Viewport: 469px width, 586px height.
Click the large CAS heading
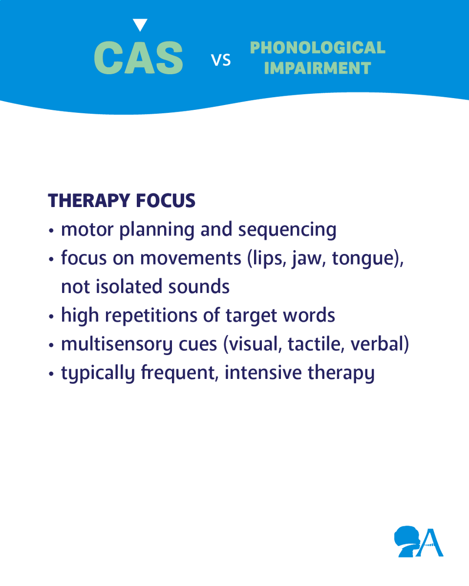tap(138, 58)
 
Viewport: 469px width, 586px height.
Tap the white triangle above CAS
tap(140, 24)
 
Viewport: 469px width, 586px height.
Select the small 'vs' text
tap(221, 60)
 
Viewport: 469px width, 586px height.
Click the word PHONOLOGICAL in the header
tap(317, 48)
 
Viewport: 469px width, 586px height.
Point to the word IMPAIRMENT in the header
tap(318, 68)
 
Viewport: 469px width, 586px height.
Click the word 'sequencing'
tap(288, 230)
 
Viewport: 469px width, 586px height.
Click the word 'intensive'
tap(263, 373)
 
